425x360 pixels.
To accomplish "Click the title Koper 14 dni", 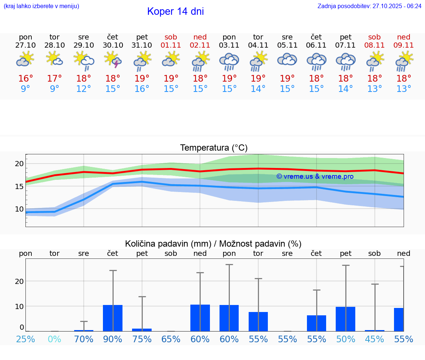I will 175,11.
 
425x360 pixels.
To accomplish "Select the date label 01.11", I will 171,45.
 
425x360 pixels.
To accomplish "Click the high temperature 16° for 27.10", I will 25,79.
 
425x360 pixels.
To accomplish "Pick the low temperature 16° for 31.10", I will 142,89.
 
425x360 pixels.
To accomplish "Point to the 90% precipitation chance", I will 113,339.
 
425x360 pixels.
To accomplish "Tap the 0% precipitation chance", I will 55,339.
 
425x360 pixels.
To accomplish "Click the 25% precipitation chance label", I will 25,339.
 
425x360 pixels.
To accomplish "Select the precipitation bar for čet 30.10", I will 113,318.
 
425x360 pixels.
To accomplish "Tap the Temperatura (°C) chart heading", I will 214,148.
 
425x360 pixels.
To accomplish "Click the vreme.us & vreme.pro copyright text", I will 315,176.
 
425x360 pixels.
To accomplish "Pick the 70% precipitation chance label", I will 84,339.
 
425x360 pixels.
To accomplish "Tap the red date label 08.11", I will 374,45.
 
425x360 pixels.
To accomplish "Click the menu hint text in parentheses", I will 41,6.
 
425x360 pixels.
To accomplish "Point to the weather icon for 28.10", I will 55,59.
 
